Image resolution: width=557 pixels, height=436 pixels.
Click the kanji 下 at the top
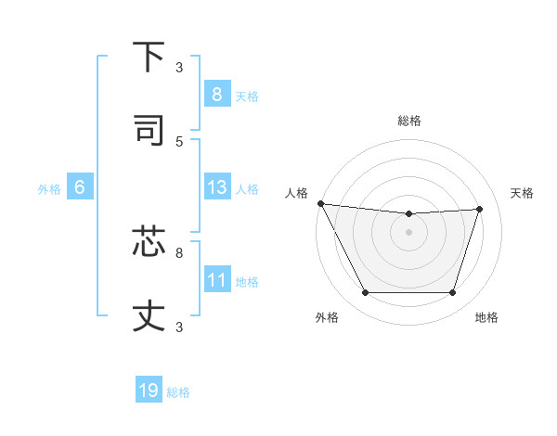click(x=149, y=58)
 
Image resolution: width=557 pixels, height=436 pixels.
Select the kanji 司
click(x=149, y=131)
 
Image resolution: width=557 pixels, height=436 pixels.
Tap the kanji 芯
click(x=149, y=241)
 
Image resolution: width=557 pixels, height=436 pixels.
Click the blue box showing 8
click(x=216, y=94)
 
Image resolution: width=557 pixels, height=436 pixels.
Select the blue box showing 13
click(x=216, y=187)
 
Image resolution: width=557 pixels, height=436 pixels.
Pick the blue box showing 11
click(x=216, y=280)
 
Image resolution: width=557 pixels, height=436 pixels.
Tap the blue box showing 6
click(x=80, y=187)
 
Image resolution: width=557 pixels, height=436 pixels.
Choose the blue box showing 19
click(x=149, y=391)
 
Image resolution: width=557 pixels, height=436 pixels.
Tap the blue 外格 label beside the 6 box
click(x=49, y=189)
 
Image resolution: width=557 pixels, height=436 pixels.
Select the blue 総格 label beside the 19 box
click(x=178, y=392)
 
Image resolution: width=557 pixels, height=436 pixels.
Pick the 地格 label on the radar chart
click(x=486, y=317)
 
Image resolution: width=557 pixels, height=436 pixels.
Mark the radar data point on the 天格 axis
click(x=479, y=209)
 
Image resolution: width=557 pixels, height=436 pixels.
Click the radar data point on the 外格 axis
click(x=365, y=293)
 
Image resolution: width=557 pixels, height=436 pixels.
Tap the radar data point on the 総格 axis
click(x=408, y=214)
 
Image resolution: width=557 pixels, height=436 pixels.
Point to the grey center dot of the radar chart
click(x=408, y=232)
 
